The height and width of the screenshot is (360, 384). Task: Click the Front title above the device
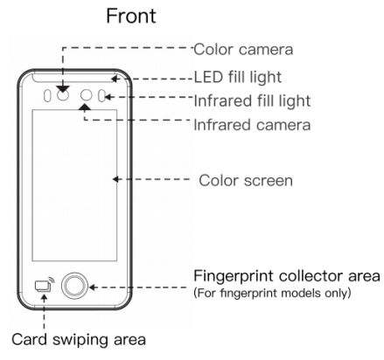point(131,16)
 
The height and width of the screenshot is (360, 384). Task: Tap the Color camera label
point(243,50)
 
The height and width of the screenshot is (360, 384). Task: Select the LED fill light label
point(238,77)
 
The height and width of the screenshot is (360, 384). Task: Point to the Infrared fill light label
point(252,100)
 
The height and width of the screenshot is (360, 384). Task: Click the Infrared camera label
point(252,125)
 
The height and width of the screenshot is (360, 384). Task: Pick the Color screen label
point(246,181)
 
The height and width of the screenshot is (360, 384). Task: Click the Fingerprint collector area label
point(287,276)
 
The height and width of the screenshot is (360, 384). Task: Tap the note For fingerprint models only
point(272,293)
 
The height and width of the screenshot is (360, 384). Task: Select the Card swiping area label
point(79,340)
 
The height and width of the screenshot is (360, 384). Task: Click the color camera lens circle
point(63,95)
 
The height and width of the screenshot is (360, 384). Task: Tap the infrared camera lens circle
point(86,95)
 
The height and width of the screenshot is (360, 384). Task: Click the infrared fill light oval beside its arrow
point(101,96)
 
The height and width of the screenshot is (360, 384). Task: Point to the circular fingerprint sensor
point(74,286)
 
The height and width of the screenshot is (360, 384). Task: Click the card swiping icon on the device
point(45,284)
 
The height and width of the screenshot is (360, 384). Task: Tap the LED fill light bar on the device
point(74,79)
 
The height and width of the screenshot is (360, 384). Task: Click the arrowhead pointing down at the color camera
point(63,89)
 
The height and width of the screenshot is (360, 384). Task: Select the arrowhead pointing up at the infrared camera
point(85,107)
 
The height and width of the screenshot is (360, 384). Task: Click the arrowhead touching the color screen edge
point(115,179)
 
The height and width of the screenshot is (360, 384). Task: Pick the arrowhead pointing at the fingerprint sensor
point(93,287)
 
